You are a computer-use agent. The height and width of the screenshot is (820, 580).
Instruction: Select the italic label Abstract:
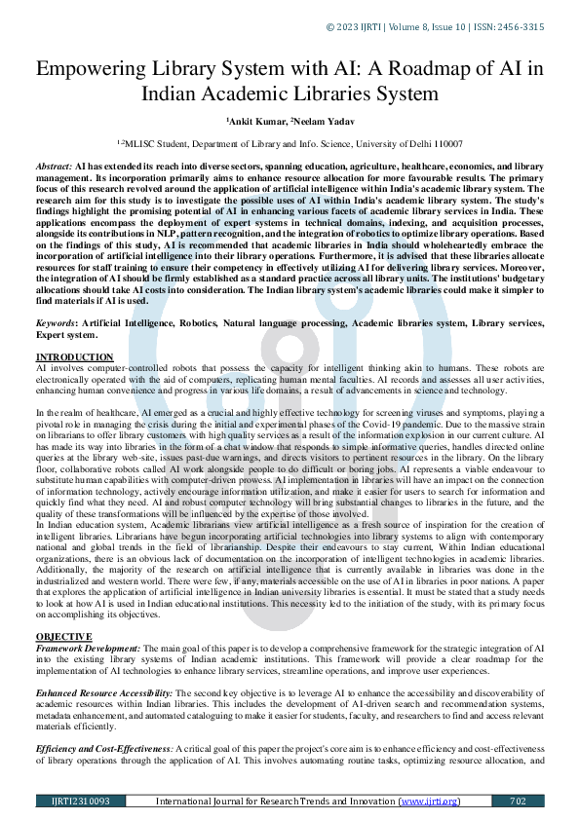tap(53, 168)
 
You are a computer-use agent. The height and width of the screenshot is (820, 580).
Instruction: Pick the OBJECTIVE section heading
tap(65, 636)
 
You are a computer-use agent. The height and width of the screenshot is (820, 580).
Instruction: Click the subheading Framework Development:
tap(88, 648)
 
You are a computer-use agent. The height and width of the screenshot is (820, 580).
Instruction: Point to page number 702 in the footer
tap(518, 801)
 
